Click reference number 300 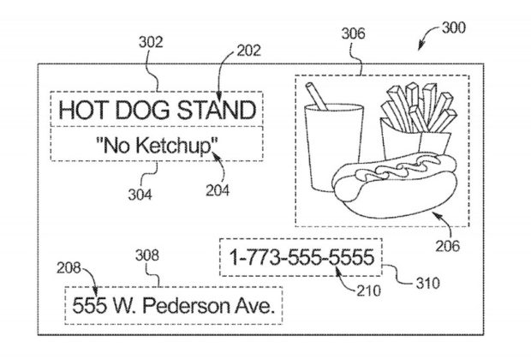pos(454,27)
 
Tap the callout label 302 pos(151,42)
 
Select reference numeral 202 pos(249,51)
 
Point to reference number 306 pos(353,33)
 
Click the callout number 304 pos(140,195)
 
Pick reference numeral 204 pos(218,190)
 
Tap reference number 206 pos(448,246)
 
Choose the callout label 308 pos(147,255)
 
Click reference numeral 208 pos(69,268)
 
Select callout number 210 pos(369,291)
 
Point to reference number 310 pos(428,283)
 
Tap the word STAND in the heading pos(217,110)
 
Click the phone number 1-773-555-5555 pos(301,257)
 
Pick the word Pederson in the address pos(186,305)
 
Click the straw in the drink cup pos(317,96)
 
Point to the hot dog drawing pos(395,185)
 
